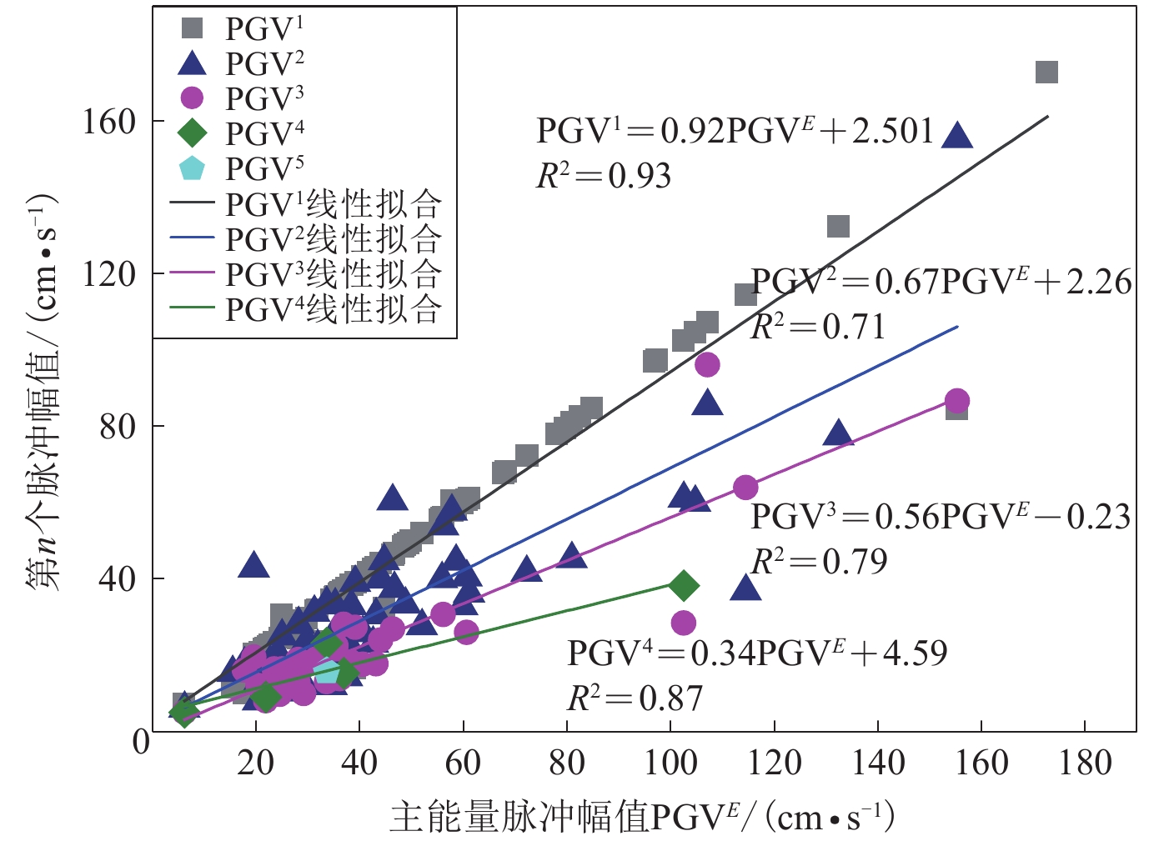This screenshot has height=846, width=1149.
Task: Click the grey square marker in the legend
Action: tap(193, 28)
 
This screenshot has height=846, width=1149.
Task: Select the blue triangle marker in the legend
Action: tap(193, 63)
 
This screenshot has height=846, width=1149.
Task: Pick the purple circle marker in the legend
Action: tap(193, 98)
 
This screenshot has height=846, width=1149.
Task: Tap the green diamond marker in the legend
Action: tap(193, 133)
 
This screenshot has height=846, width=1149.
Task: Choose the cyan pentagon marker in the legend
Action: tap(193, 168)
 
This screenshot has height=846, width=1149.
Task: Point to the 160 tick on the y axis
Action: tap(108, 122)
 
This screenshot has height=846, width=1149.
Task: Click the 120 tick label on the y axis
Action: tap(108, 274)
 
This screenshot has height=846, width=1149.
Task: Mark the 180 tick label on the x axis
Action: tap(1085, 763)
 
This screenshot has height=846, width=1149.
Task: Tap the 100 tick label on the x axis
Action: tap(670, 763)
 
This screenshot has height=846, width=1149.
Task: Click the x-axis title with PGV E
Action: tap(642, 818)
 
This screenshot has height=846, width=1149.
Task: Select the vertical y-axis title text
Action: tap(43, 392)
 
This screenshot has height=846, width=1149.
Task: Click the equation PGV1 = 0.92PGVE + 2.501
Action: tap(734, 131)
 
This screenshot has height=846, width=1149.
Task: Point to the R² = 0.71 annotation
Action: tap(818, 327)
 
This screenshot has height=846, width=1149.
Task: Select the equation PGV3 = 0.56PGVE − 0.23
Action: tap(941, 517)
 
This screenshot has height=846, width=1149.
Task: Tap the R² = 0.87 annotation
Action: tap(635, 698)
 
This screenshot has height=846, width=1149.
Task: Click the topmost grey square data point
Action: tap(1046, 73)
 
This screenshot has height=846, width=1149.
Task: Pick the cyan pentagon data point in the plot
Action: tap(327, 672)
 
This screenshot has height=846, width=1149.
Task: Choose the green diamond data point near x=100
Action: tap(684, 586)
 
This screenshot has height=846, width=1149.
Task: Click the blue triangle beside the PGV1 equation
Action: tap(957, 135)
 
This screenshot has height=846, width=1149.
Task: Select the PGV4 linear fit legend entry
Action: tap(305, 309)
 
